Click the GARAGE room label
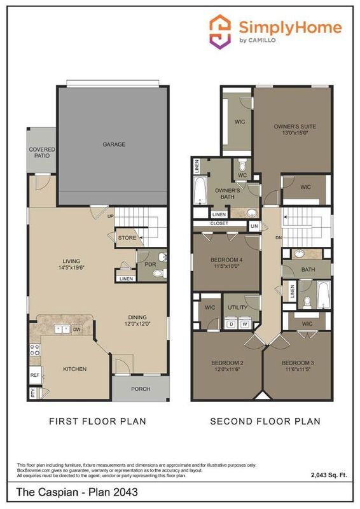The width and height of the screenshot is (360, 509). (114, 144)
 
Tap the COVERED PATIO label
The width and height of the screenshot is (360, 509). (42, 153)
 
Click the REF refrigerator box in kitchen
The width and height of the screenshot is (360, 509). (34, 375)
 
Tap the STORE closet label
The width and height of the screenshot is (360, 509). (125, 237)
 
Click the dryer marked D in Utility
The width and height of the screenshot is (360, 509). (232, 324)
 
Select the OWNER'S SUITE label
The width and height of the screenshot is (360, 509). (294, 126)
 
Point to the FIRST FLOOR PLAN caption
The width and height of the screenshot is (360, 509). (97, 421)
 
